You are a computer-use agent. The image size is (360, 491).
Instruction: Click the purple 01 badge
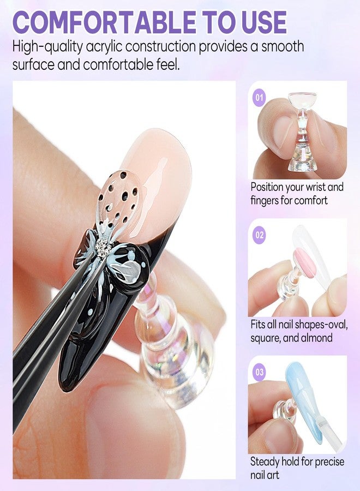click(259, 97)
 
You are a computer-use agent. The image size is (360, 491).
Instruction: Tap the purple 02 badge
click(259, 235)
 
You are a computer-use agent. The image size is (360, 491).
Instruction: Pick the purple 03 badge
click(259, 372)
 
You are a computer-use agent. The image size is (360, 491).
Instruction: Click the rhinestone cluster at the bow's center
click(103, 248)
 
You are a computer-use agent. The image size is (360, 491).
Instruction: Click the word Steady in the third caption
click(265, 462)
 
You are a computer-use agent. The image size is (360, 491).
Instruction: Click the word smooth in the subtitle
click(283, 47)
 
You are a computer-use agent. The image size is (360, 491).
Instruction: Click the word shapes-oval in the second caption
click(317, 325)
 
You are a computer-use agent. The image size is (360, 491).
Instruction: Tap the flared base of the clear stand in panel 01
click(302, 160)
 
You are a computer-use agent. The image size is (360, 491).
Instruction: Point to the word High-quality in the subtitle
click(47, 47)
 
